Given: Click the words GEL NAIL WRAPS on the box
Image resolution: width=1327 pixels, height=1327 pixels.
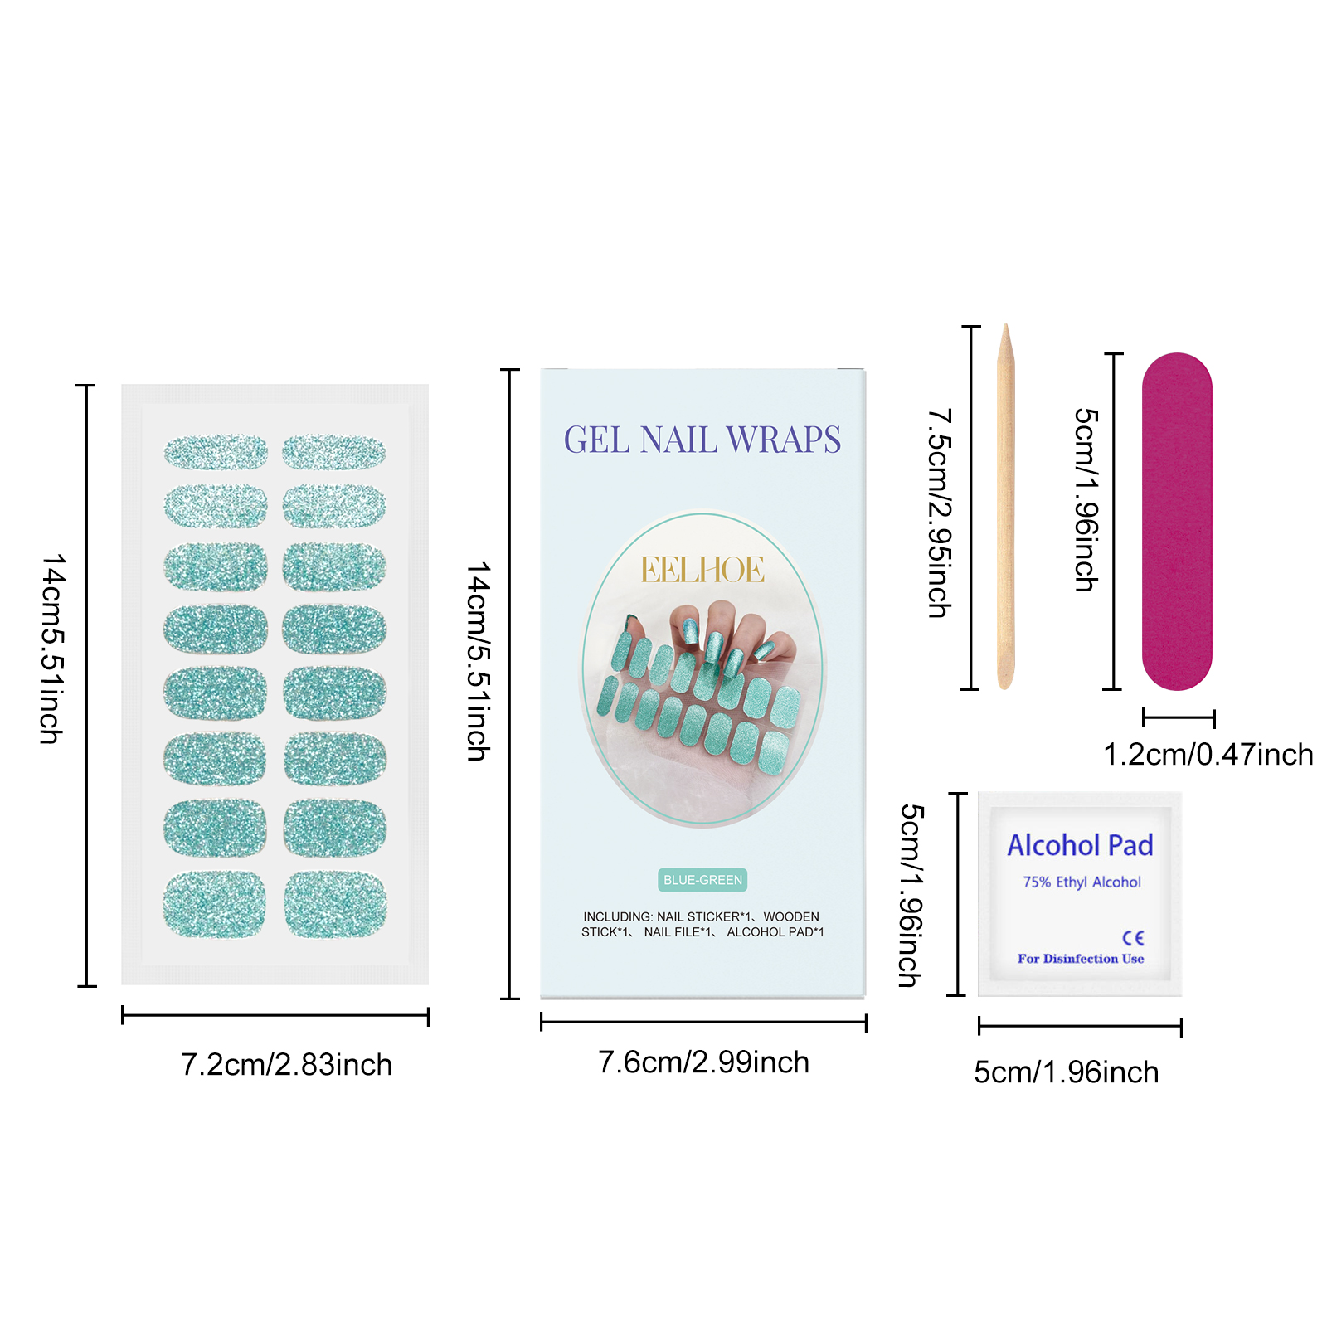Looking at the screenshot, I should (702, 440).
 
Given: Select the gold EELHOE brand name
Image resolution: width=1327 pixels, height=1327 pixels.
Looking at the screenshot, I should (702, 570).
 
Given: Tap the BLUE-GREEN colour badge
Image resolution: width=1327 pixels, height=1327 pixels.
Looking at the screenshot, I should (702, 880).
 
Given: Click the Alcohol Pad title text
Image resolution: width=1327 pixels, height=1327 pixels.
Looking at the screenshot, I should (1080, 845).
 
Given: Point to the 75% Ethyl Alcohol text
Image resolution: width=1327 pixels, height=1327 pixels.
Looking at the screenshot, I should (1082, 882).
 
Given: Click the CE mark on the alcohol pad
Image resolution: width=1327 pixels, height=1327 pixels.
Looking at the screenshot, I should (1133, 938).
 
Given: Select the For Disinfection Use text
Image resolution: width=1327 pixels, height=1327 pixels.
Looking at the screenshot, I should (1081, 959).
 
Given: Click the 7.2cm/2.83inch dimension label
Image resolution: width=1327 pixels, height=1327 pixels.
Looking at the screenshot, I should (286, 1065).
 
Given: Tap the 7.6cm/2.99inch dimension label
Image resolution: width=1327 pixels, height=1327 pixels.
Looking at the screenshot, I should (703, 1062).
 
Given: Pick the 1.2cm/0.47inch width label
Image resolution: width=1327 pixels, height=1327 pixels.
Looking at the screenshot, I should (1208, 755).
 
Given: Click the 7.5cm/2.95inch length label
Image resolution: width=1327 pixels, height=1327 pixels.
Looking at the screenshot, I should (940, 513).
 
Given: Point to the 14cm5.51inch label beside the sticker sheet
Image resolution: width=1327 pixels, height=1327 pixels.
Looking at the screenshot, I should (52, 649).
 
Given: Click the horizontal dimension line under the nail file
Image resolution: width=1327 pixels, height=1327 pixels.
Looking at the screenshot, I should (1178, 718).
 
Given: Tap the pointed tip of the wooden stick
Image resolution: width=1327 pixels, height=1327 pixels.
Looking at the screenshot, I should (1006, 332).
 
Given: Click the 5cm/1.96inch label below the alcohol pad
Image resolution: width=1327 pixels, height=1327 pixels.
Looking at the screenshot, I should (1066, 1072).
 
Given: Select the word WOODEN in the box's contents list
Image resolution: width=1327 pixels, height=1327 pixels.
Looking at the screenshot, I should (791, 916).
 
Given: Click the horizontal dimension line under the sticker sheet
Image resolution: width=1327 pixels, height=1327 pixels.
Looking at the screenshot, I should (275, 1015).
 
